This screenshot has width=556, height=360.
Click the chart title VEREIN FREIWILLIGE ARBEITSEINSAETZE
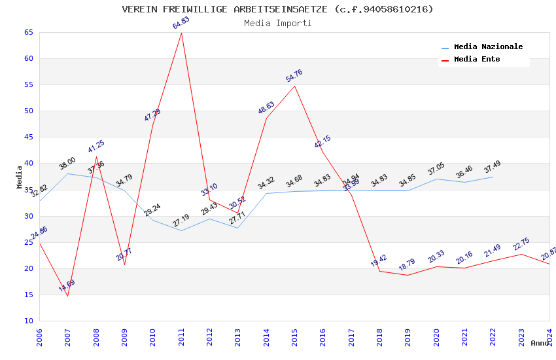(277, 9)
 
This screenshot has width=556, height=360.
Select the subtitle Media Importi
(277, 23)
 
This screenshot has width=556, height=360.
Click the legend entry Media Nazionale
(488, 47)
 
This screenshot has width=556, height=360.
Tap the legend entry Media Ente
(477, 60)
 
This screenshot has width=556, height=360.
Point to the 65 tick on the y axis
(27, 32)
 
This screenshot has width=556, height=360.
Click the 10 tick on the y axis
(27, 321)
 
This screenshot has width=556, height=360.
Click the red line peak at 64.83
(181, 33)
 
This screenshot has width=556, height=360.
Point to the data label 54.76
(294, 76)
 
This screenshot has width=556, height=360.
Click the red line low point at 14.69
(67, 296)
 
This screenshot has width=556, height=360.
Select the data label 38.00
(67, 163)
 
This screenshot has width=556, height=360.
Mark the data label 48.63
(266, 108)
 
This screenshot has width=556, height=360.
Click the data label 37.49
(492, 167)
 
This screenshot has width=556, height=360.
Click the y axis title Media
(20, 177)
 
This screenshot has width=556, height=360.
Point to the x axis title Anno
(540, 343)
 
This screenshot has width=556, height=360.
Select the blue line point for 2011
(181, 230)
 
